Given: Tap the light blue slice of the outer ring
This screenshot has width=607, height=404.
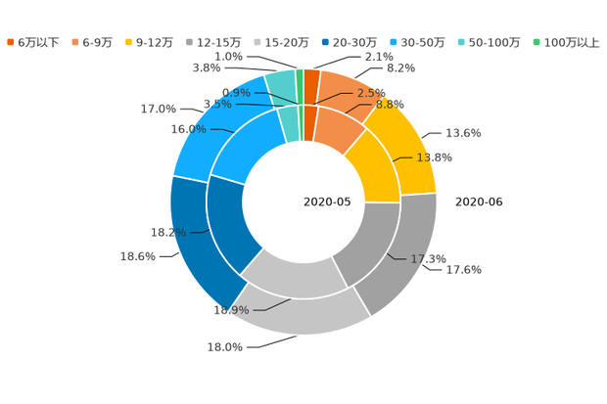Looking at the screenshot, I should pyautogui.click(x=210, y=127).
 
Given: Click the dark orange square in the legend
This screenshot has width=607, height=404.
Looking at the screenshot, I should pyautogui.click(x=11, y=42).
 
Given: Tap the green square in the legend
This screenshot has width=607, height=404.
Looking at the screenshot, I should pyautogui.click(x=536, y=42).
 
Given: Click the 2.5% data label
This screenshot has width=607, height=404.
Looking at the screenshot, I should pyautogui.click(x=371, y=92).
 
